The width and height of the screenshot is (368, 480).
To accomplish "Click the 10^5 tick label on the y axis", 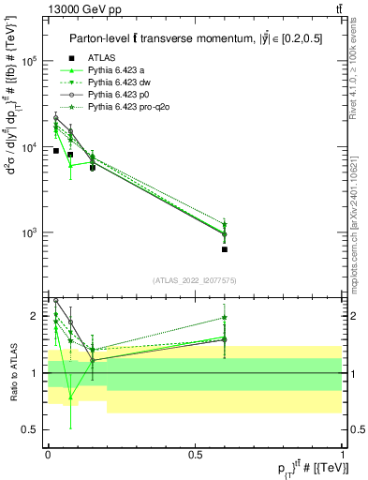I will tap(29, 61).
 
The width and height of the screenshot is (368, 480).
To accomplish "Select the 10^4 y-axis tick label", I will tap(29, 147).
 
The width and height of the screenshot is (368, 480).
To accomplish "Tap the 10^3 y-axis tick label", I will tap(29, 232).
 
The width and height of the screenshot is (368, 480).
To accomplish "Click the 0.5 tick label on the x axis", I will tap(196, 454).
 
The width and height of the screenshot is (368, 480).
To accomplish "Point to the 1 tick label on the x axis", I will tap(343, 454).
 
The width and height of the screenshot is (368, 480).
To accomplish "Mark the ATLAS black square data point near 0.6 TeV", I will tap(225, 249).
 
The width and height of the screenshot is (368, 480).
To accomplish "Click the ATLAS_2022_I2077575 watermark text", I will tap(195, 280).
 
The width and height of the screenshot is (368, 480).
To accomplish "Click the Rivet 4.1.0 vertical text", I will tap(356, 66).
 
